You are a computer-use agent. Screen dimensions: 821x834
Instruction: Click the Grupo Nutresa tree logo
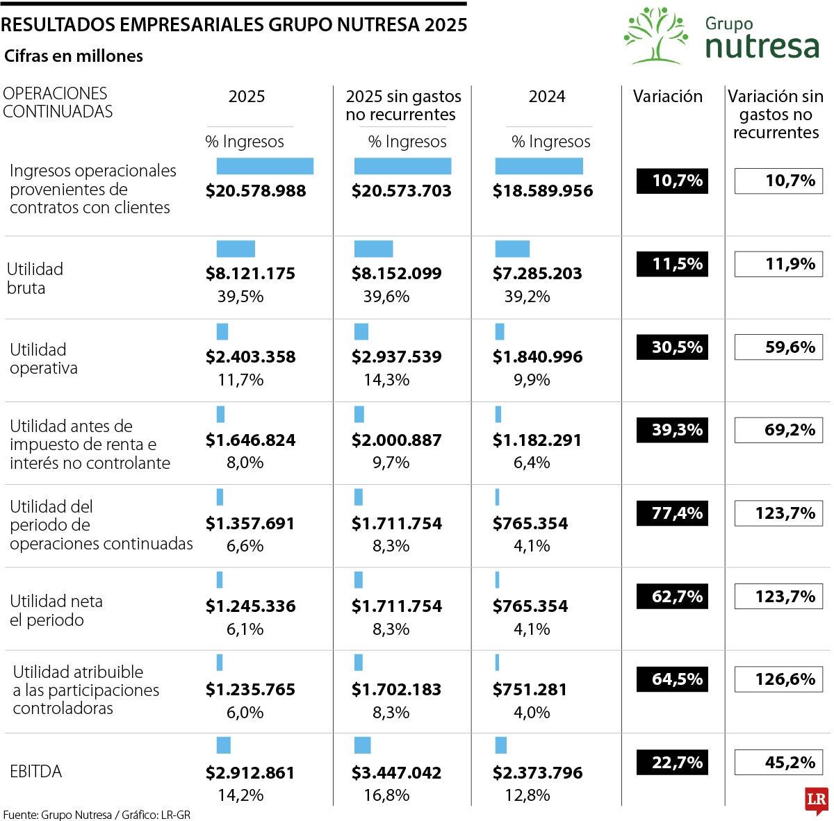pos(655,35)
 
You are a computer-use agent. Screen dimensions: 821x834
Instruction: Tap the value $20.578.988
pos(256,191)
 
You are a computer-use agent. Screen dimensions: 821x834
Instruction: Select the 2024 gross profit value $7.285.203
pos(537,274)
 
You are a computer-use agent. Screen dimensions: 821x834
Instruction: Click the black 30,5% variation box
pos(672,347)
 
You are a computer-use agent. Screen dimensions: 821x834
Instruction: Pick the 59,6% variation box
pos(778,347)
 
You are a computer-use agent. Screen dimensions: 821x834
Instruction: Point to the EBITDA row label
pos(36,772)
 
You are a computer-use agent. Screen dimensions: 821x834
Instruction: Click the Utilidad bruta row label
pos(35,279)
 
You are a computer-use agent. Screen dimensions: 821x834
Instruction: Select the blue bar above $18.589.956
pos(539,166)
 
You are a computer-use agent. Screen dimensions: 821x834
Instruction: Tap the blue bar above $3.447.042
pos(362,745)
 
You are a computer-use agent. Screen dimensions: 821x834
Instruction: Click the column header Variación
pos(667,97)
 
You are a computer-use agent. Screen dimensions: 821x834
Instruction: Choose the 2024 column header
pos(547,97)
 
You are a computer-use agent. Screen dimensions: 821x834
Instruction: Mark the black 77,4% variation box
pos(672,513)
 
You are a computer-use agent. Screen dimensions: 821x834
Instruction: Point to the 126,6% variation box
pos(778,679)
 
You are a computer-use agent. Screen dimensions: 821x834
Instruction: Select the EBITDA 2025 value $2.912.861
pos(250,773)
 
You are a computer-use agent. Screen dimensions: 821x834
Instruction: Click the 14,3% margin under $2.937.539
pos(386,380)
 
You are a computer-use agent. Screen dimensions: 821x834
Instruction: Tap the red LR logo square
pos(817,801)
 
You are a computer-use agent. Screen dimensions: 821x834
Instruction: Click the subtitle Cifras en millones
pos(74,56)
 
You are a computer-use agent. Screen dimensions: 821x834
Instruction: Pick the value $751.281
pos(530,690)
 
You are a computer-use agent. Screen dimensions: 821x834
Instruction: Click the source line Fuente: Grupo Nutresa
pos(97,815)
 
